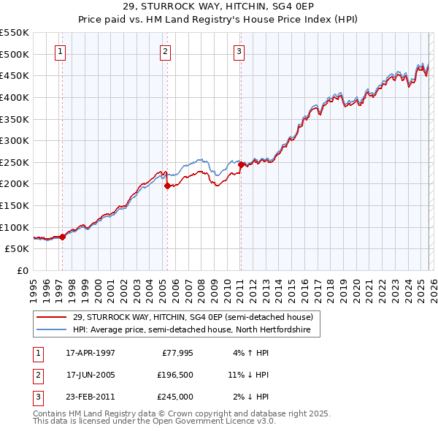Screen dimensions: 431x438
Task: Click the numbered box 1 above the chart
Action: (x=59, y=51)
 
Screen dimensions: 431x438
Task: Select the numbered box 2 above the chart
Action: (x=166, y=51)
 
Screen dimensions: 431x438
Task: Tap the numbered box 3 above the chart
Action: (x=239, y=51)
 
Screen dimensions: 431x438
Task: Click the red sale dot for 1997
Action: (x=63, y=236)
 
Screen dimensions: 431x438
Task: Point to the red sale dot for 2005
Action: (x=168, y=186)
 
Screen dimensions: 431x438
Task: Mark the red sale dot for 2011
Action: (x=241, y=165)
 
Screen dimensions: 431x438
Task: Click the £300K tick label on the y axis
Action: (x=14, y=140)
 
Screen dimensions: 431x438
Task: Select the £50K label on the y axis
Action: (x=17, y=249)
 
